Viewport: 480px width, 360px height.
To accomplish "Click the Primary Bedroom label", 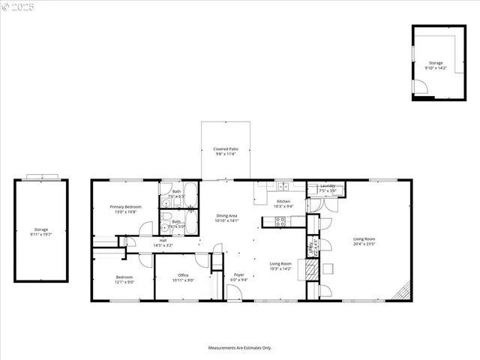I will click(x=126, y=209).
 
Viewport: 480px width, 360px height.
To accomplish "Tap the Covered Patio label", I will click(x=226, y=151).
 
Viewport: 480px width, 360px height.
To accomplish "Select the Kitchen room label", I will click(x=283, y=203).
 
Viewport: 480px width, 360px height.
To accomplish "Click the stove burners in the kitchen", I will click(x=280, y=221).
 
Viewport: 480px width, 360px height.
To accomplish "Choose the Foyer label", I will click(x=238, y=277).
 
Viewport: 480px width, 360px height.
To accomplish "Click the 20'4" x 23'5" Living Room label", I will click(x=364, y=241).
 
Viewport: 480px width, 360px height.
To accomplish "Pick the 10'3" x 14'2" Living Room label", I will click(x=280, y=265).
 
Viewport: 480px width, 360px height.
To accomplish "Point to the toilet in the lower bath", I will click(x=165, y=227).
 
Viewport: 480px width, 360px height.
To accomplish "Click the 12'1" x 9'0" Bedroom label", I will click(x=124, y=280).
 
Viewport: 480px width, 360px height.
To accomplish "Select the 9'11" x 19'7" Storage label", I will click(x=40, y=232).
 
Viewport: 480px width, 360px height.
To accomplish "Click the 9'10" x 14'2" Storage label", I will click(x=436, y=65).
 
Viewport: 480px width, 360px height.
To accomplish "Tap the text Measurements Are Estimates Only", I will click(x=240, y=348).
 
